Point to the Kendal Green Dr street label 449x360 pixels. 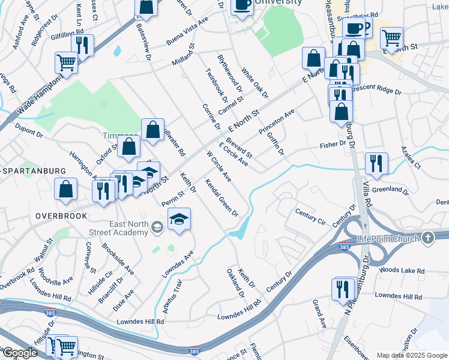point(221,197)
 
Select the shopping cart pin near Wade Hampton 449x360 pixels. point(66,62)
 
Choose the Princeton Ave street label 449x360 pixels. point(277,122)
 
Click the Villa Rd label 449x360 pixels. point(367,198)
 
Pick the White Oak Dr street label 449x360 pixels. point(255,83)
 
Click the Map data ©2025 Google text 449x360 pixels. point(411,355)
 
